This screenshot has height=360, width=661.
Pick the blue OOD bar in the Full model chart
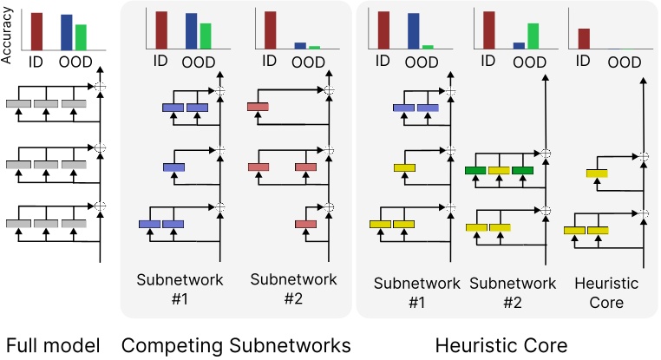[67, 31]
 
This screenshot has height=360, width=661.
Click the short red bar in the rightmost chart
[584, 40]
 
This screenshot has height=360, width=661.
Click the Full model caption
[52, 344]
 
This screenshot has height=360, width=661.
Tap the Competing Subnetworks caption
[236, 344]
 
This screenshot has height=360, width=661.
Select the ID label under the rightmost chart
[584, 62]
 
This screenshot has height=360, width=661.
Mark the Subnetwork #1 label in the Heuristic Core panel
[416, 291]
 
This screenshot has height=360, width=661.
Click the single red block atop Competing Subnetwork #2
[258, 107]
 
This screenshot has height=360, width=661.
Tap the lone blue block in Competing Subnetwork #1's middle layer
[174, 167]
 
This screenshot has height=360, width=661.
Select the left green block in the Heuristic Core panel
[475, 170]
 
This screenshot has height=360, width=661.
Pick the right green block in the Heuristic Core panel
[522, 170]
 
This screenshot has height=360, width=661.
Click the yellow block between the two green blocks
[499, 170]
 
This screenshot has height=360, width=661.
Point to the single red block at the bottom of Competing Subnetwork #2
[305, 225]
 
